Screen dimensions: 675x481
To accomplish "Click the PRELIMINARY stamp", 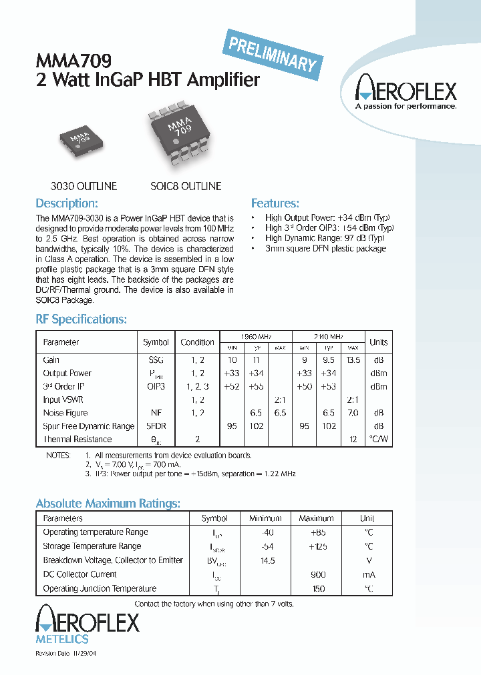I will pos(272,53).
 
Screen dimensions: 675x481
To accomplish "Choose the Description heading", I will pos(67,203).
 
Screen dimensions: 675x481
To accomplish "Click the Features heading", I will pos(275,203).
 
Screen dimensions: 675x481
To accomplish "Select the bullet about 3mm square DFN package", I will pos(325,248).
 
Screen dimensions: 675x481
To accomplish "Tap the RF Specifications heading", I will pos(81,319).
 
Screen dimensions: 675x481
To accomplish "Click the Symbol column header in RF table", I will pos(156,342).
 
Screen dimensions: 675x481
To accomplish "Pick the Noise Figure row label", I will pos(65,413).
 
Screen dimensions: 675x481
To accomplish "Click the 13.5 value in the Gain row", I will pos(353,360).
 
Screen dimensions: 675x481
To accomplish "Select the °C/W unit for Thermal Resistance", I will pos(378,440).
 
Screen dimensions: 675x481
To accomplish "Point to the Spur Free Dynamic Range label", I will pos(88,426).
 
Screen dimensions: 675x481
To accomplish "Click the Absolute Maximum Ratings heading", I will pos(108,504).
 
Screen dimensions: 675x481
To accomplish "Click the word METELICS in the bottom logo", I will pos(61,639).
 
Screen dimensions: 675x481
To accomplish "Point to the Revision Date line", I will pos(69,654).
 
